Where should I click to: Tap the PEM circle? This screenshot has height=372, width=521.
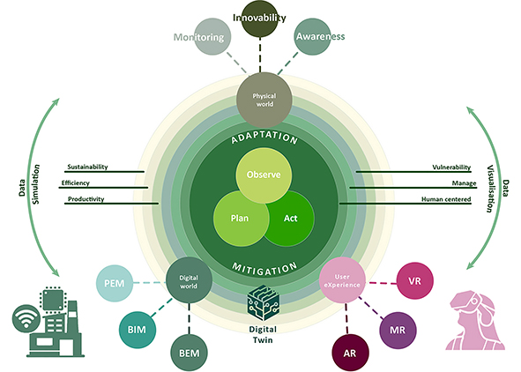pos(115,283)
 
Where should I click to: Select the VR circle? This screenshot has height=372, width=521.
pos(413,281)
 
